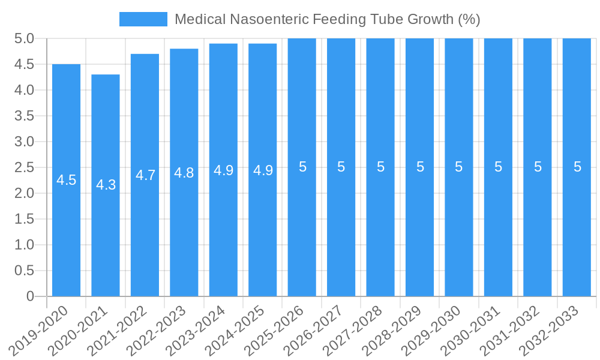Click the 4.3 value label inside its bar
click(106, 185)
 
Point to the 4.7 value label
click(145, 175)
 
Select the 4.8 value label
click(184, 173)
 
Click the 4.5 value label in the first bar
click(66, 180)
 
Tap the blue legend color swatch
click(143, 19)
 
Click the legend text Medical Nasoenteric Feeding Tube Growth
click(327, 19)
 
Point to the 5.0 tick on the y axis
click(24, 39)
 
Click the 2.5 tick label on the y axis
click(24, 167)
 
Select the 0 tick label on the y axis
click(31, 296)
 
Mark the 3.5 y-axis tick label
click(24, 116)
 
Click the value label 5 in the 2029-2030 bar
click(459, 167)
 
